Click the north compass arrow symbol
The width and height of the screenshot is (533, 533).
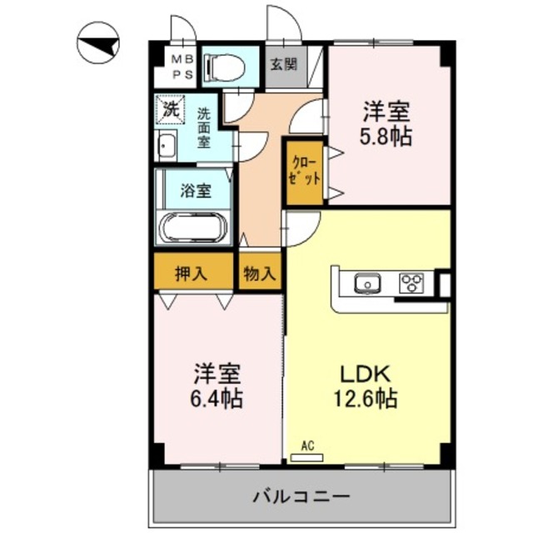pyautogui.click(x=99, y=44)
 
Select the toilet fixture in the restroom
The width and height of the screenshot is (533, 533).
pyautogui.click(x=226, y=66)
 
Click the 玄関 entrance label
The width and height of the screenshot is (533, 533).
pyautogui.click(x=283, y=65)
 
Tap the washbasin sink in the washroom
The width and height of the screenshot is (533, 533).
pyautogui.click(x=167, y=147)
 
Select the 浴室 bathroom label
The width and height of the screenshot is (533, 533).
pyautogui.click(x=196, y=190)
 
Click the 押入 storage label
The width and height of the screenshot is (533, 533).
pyautogui.click(x=192, y=272)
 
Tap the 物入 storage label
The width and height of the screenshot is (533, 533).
pyautogui.click(x=259, y=272)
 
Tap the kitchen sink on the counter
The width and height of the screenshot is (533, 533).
pyautogui.click(x=366, y=284)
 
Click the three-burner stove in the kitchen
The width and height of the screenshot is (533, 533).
pyautogui.click(x=411, y=284)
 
